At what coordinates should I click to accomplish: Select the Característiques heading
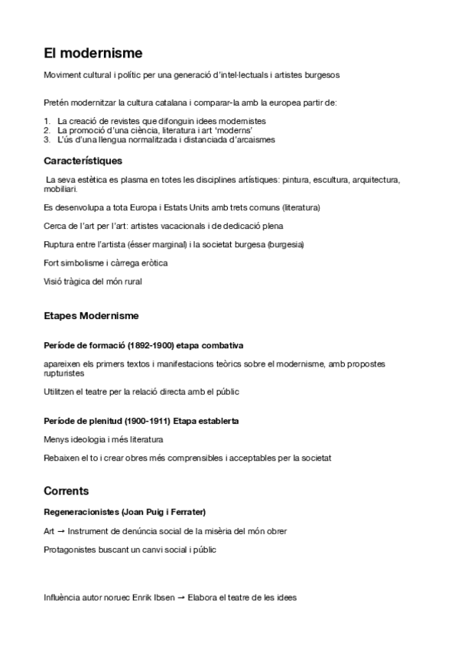(x=83, y=161)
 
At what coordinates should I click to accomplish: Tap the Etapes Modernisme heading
(x=91, y=315)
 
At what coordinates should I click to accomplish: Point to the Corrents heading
(x=67, y=491)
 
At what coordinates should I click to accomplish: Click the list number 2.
(x=47, y=131)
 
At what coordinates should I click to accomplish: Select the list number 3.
(x=47, y=140)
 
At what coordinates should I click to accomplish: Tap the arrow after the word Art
(x=60, y=530)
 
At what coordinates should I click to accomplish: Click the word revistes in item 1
(x=121, y=122)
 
